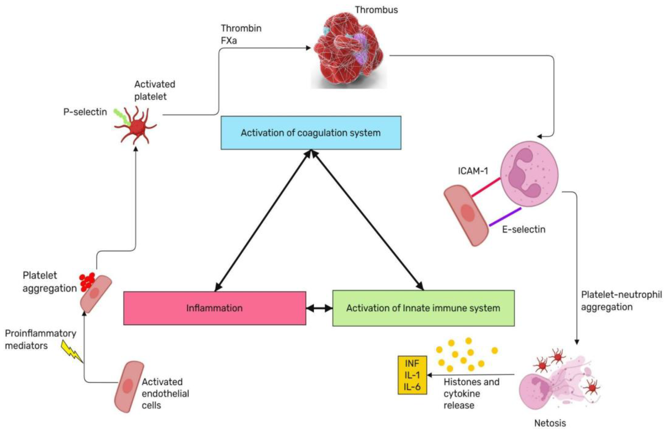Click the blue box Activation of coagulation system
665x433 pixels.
tap(311, 133)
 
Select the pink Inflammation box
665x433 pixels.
tap(214, 308)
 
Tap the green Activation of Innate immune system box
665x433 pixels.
tap(423, 308)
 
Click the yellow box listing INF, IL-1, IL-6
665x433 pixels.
tap(412, 375)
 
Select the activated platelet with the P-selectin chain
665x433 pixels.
tap(136, 127)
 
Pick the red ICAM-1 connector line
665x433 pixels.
tap(486, 187)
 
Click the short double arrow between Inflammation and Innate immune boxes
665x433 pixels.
tap(319, 308)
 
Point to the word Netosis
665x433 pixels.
tap(550, 423)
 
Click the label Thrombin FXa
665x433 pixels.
tap(241, 34)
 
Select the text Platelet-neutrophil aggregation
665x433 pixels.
tap(621, 301)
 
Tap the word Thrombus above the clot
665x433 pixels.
tap(376, 10)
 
